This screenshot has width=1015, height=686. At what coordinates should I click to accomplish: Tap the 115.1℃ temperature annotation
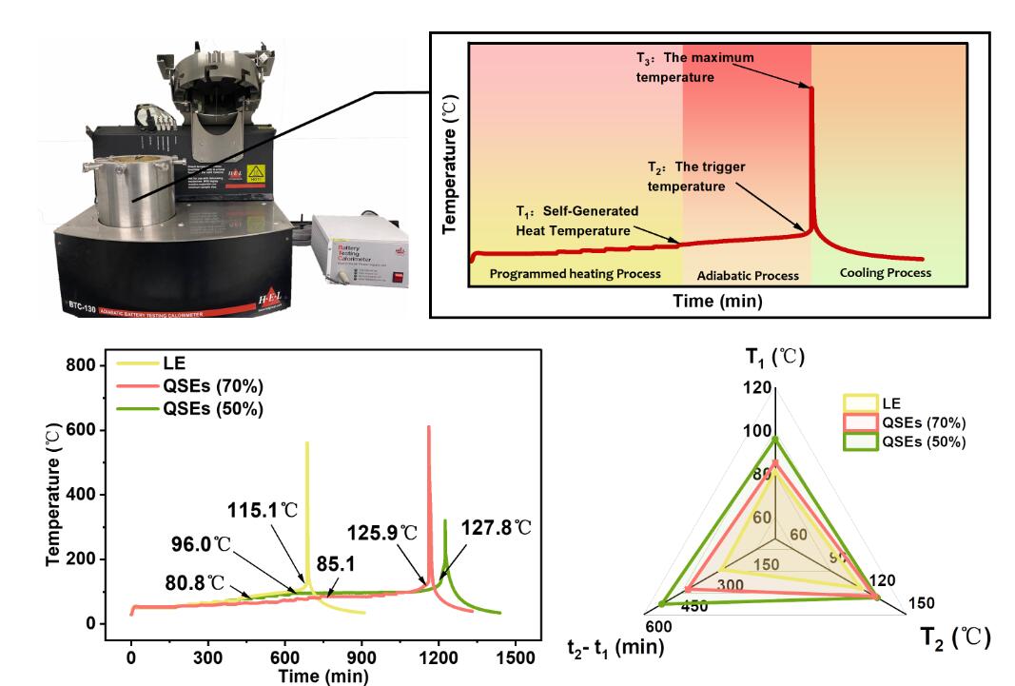coord(263,509)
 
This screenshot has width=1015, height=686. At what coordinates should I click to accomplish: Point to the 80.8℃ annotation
coord(194,582)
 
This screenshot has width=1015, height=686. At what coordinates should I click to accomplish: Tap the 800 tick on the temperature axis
coord(88,365)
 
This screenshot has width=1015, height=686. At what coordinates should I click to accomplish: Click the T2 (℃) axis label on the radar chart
coord(955,636)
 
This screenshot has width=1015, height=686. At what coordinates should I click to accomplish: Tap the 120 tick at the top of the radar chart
coord(758,388)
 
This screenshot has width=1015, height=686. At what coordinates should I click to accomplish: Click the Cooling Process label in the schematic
coord(885,273)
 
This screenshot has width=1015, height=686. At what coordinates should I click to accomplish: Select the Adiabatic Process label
coord(747,275)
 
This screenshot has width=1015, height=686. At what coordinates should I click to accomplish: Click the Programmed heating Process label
coord(575,274)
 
